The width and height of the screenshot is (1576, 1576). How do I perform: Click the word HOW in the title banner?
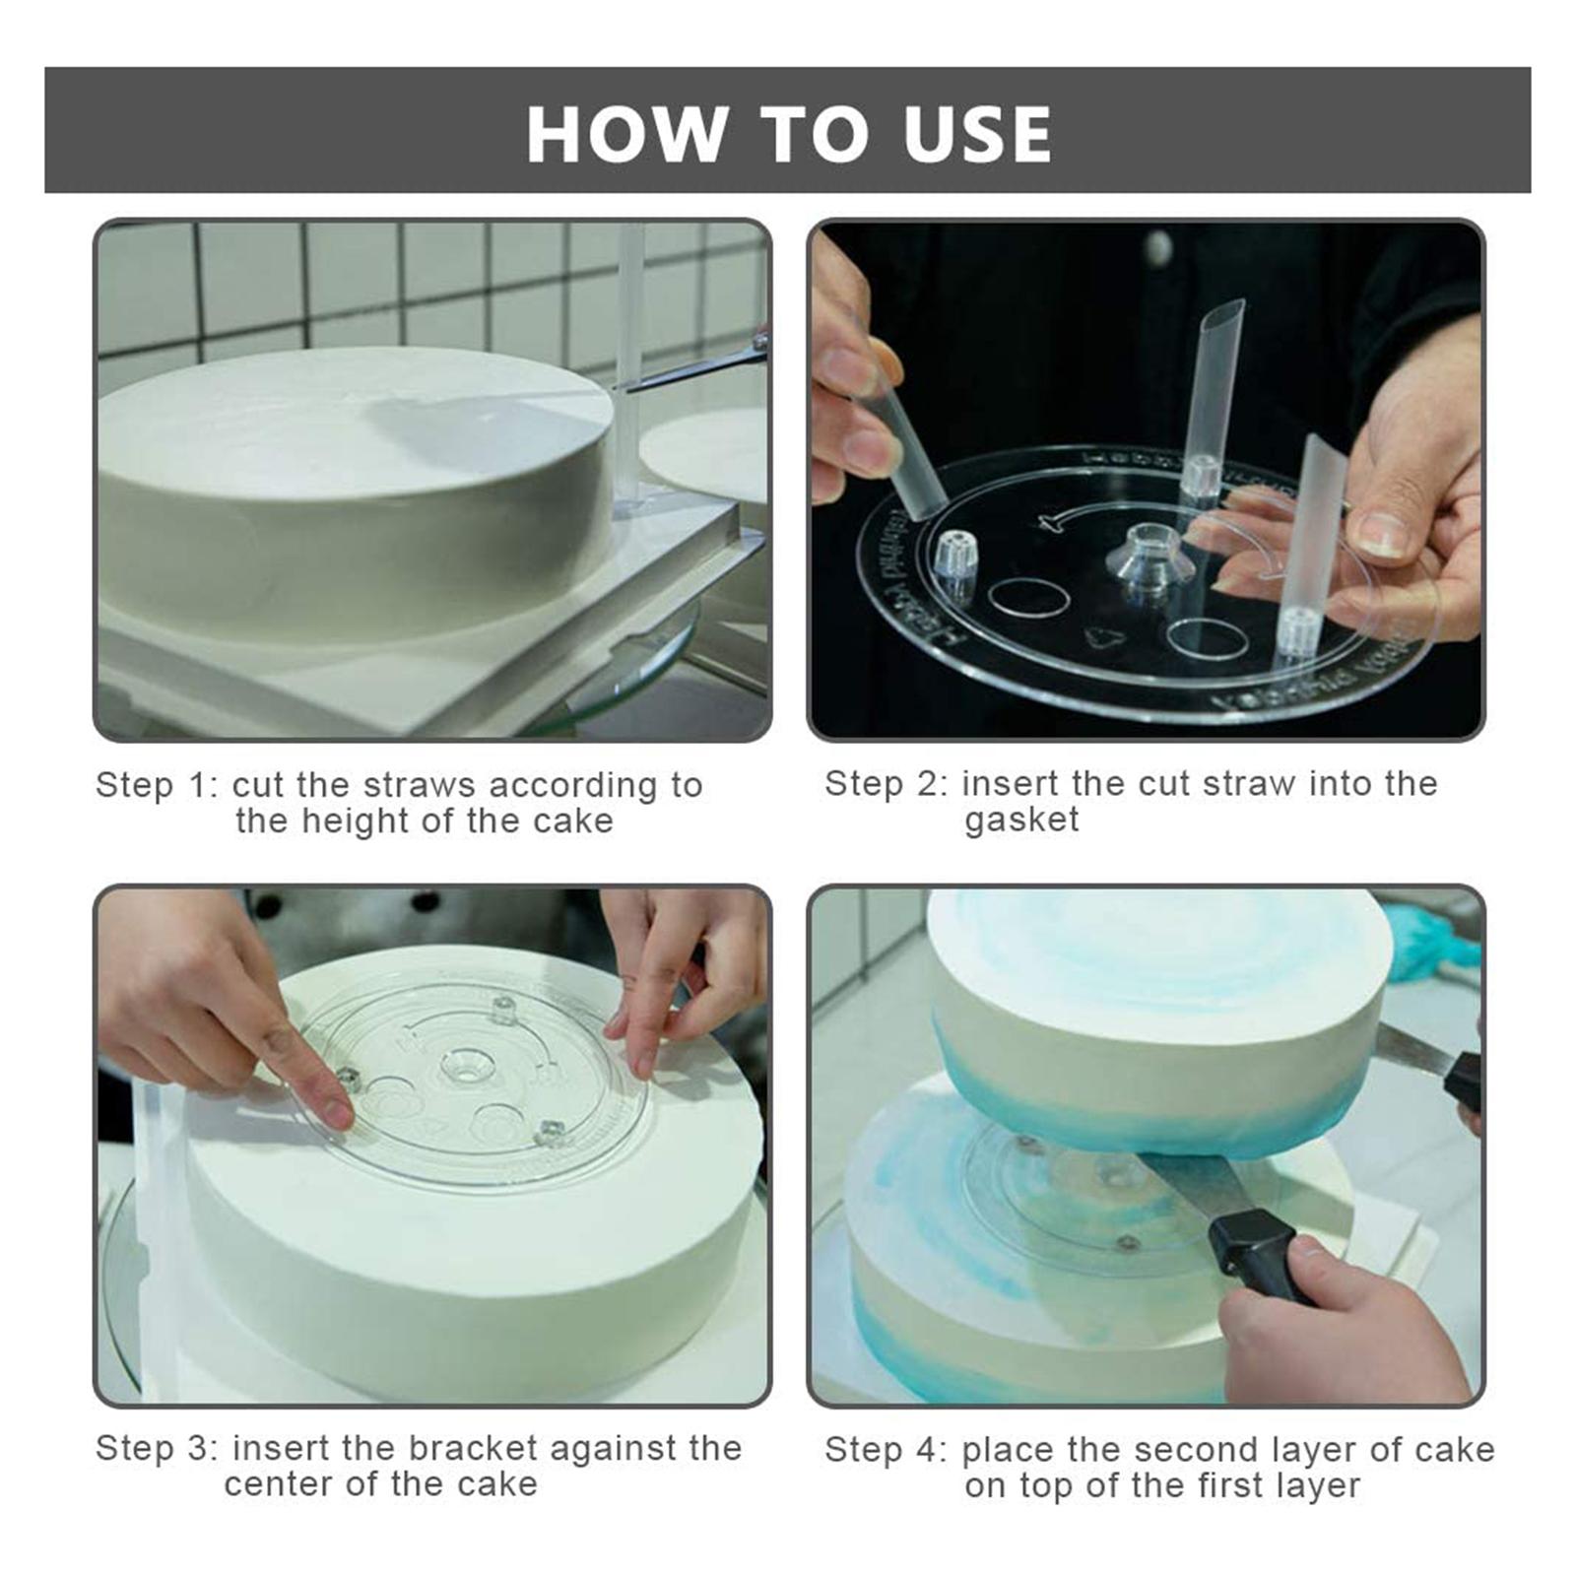627,133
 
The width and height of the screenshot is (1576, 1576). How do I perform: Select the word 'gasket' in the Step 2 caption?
1021,821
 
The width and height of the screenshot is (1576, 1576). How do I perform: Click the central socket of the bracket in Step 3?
469,1066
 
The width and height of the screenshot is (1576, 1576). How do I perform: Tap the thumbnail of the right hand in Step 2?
1383,536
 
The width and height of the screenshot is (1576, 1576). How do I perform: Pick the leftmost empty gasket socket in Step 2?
953,557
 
